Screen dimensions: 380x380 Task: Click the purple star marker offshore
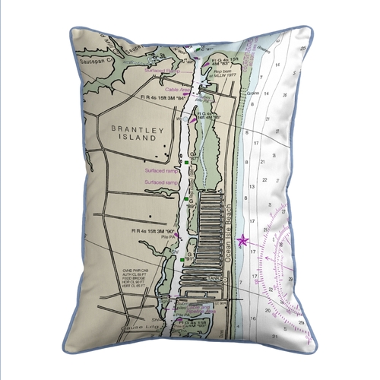coord(243,241)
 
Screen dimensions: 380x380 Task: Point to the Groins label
coord(255,97)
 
